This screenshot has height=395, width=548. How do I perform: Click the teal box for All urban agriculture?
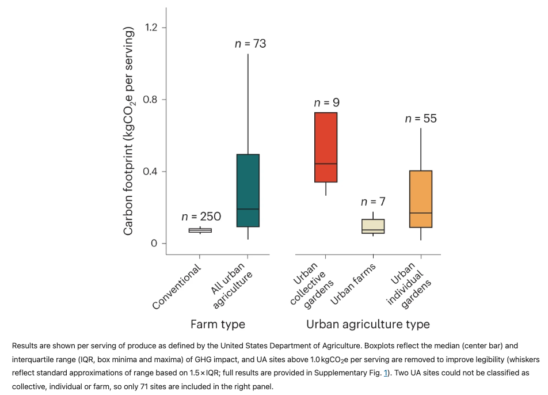tap(248, 190)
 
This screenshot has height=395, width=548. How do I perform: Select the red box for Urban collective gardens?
tap(326, 147)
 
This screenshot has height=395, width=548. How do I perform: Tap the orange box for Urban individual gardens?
tap(421, 199)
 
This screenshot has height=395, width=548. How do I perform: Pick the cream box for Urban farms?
tap(373, 226)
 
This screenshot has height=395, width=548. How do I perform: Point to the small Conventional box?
tap(200, 230)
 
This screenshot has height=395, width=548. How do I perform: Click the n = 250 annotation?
tap(201, 217)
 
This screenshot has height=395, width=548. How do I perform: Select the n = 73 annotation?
tap(250, 44)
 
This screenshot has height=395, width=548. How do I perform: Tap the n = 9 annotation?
tap(326, 102)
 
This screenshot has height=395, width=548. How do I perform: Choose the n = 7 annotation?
tap(373, 202)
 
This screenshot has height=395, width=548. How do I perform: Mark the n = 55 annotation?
tap(421, 119)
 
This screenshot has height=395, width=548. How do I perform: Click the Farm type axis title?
tap(218, 324)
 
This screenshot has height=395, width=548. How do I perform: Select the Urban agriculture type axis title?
tap(368, 324)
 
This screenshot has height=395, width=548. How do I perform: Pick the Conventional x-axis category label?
tap(177, 287)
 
